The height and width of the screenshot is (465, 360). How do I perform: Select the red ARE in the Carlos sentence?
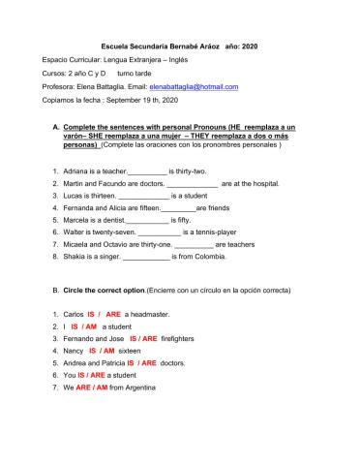[113, 315]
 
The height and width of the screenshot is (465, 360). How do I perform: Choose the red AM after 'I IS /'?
[90, 327]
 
